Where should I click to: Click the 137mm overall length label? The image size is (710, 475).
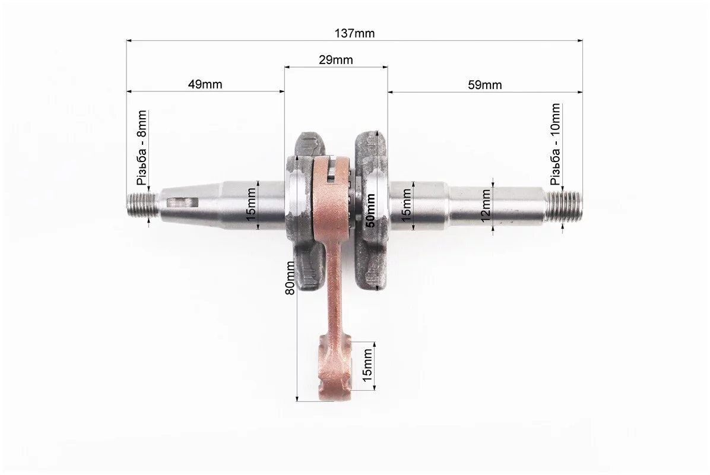click(x=354, y=33)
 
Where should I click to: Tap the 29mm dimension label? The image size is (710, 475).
click(x=335, y=60)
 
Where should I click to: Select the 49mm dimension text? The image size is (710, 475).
click(x=205, y=84)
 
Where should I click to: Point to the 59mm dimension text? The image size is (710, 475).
click(x=484, y=85)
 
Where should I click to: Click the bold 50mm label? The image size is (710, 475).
click(x=370, y=210)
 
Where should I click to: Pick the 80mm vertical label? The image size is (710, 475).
click(x=290, y=277)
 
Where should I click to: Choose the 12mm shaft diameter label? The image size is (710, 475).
click(x=486, y=205)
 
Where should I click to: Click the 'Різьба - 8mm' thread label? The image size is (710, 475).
click(x=142, y=148)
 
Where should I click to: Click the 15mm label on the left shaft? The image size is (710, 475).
click(x=251, y=205)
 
